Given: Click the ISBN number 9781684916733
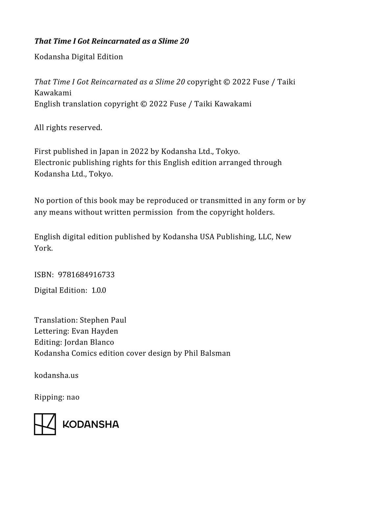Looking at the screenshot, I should point(86,275).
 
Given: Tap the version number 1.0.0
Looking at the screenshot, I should point(99,290).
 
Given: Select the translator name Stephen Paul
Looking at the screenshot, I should point(103,320).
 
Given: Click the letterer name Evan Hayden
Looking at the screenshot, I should point(95,331).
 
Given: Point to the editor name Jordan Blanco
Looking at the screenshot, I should point(89,342).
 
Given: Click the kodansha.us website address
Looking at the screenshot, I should point(56,375).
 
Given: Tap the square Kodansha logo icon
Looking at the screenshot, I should point(45,424).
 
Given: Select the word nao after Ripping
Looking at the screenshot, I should point(73,397).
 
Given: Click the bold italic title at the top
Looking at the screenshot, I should point(111,41).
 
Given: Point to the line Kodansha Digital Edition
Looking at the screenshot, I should point(79,57).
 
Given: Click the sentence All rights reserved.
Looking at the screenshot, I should point(68,128).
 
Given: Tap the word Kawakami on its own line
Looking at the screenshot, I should point(53,93).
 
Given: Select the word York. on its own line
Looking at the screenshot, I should point(43,248).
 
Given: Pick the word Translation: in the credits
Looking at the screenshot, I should point(56,320).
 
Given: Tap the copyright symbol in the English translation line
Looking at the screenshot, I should point(144,104).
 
